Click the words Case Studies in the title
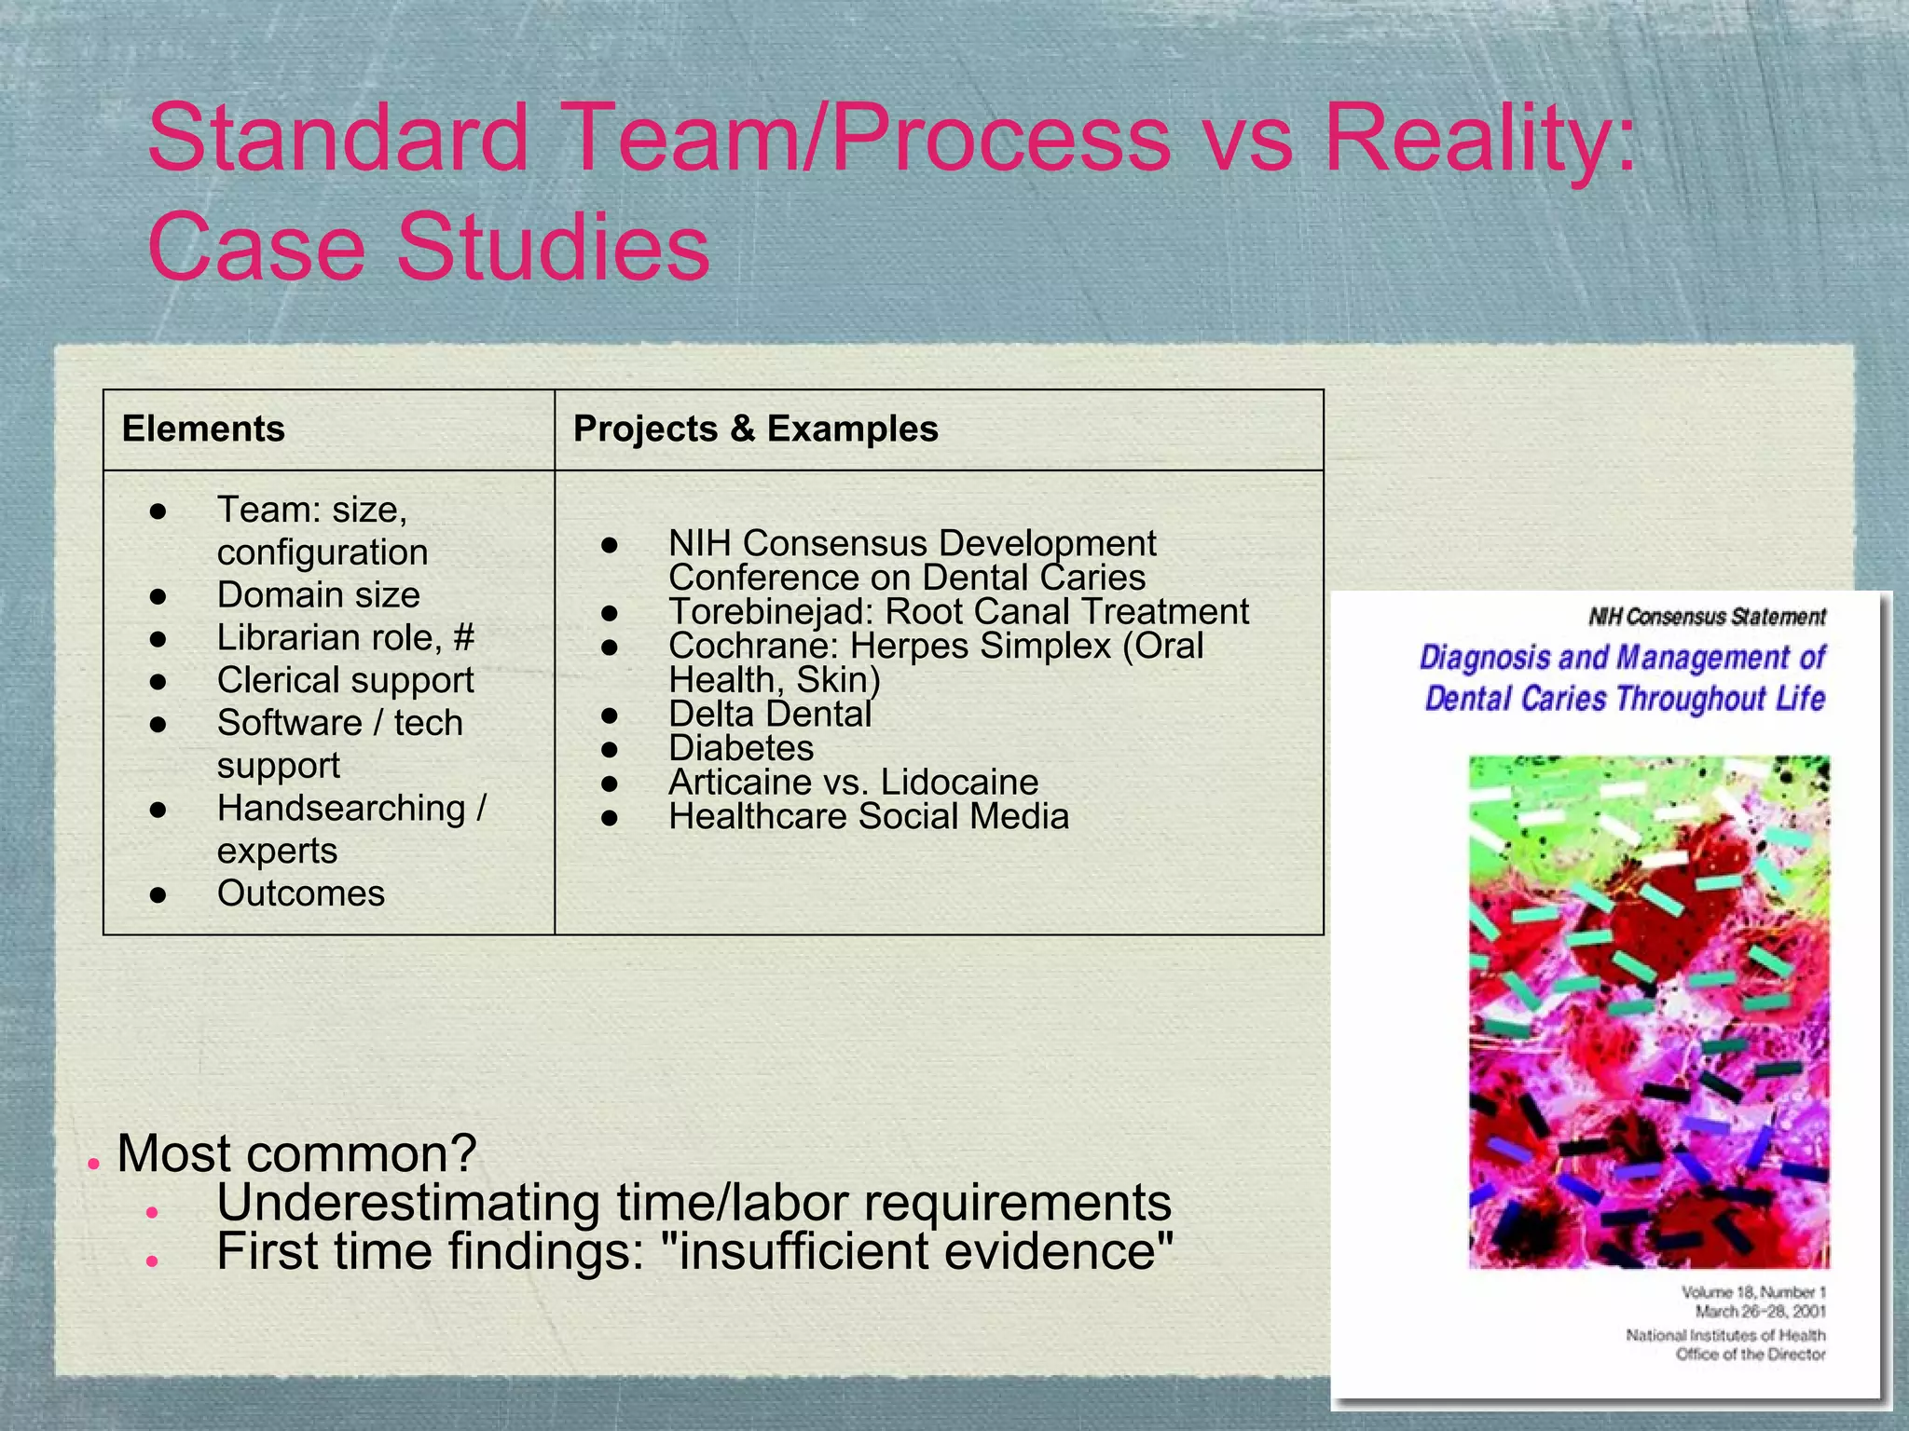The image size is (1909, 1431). (429, 248)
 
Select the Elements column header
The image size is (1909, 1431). (203, 429)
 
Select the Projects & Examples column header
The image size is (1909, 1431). (755, 429)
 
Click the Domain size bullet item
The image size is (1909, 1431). (318, 594)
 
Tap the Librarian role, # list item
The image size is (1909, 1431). (345, 637)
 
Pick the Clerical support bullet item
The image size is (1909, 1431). (345, 680)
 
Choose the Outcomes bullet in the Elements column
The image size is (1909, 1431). (300, 893)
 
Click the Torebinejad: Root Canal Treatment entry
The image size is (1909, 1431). (957, 612)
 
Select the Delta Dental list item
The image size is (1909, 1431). (769, 715)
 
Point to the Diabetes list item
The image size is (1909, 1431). (741, 748)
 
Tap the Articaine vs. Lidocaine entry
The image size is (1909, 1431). (853, 783)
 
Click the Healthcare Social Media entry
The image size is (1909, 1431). (868, 817)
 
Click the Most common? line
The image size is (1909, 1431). (296, 1153)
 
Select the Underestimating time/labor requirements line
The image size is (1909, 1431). (694, 1203)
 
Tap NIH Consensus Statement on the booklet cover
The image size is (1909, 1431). (1707, 617)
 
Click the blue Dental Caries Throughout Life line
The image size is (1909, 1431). (1624, 699)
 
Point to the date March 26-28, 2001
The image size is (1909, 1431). (1759, 1312)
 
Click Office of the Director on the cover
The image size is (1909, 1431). (1750, 1355)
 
